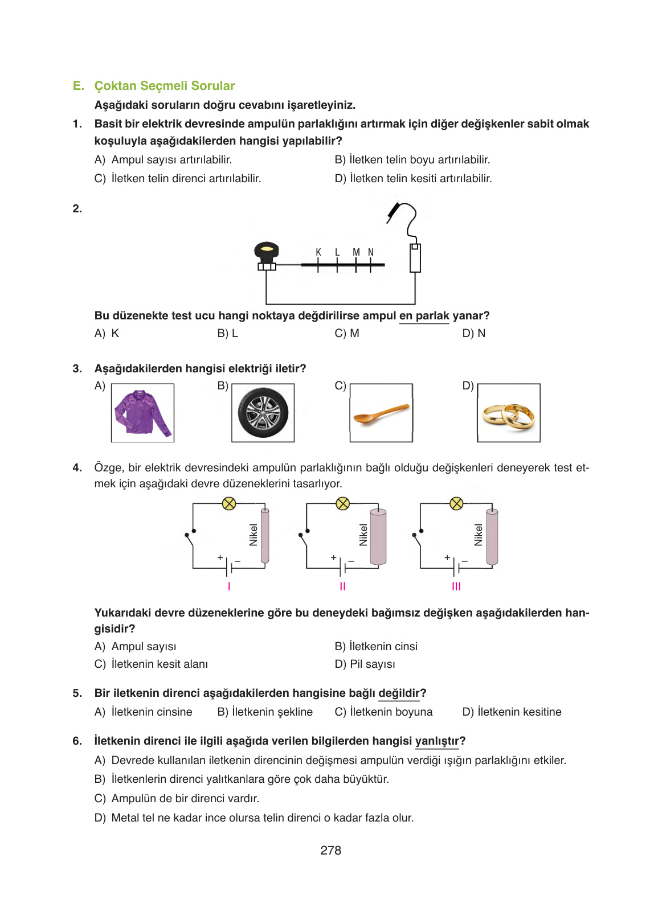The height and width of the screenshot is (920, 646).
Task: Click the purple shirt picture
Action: coord(142,413)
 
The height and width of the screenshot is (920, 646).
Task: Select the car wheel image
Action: coord(263,413)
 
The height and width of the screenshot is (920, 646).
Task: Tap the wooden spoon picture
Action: coord(381,413)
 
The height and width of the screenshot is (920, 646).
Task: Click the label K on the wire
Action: coord(318,252)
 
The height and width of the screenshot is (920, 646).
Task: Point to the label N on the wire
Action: coord(371,252)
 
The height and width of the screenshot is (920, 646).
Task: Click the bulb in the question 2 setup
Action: coord(266,252)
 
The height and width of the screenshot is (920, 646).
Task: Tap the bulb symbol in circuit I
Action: coord(229,503)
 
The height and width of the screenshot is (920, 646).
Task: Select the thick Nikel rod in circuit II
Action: coord(378,537)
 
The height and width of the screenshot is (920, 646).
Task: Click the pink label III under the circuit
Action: coord(456,586)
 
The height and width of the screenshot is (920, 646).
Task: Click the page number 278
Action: coord(330,850)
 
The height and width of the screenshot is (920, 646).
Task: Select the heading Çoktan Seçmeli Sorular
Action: coord(164,86)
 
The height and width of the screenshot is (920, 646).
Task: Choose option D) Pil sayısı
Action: coord(365,664)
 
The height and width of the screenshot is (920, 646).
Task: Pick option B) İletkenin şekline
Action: coord(265,712)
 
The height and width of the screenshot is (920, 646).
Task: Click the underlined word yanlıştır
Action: coord(437,741)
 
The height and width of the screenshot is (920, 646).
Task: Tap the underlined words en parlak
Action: coord(424,316)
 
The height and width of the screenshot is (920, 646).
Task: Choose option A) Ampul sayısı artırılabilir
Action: coord(163,160)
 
